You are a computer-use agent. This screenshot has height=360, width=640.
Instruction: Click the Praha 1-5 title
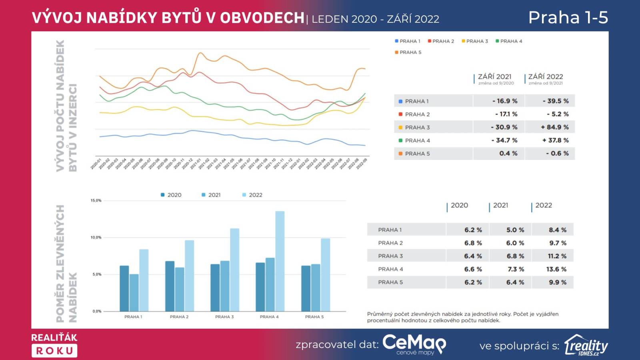click(568, 18)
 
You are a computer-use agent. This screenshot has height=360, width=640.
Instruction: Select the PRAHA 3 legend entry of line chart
click(475, 41)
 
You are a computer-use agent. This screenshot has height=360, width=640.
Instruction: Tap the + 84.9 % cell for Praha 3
click(554, 127)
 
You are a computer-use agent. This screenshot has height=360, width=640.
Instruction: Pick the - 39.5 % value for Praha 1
click(556, 101)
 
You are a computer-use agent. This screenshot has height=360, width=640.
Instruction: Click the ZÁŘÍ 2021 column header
click(495, 77)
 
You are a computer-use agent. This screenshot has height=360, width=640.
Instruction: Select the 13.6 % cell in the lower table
click(556, 269)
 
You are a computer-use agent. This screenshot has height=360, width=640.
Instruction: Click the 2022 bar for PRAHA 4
click(280, 261)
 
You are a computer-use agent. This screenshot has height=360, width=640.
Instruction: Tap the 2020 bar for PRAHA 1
click(124, 288)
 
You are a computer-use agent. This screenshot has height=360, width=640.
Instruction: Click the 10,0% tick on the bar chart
click(97, 238)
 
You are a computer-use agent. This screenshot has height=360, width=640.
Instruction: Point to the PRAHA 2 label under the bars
click(179, 317)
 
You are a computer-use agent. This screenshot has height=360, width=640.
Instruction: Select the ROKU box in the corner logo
click(54, 351)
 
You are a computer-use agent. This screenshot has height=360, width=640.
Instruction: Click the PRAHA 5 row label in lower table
click(390, 282)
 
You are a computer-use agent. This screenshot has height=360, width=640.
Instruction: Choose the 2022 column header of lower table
click(543, 206)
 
